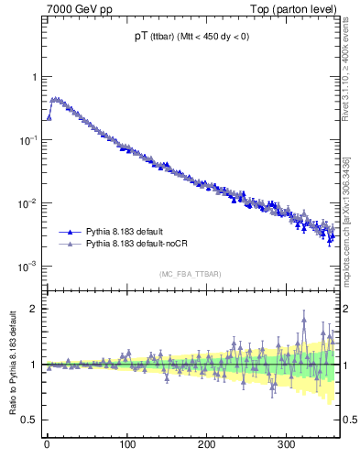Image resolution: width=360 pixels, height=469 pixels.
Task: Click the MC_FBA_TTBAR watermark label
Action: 189,274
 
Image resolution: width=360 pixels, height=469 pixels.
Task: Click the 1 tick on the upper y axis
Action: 34,77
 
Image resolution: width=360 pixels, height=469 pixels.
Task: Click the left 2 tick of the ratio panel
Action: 34,309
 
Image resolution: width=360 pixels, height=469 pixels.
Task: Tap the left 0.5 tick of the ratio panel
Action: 29,420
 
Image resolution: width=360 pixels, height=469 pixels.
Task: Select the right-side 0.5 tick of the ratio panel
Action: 349,420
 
